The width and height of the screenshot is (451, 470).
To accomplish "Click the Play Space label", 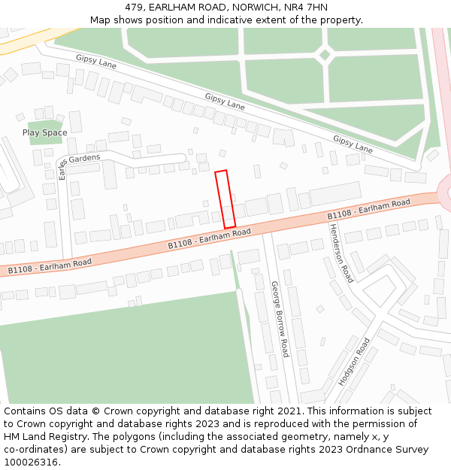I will coord(44,133).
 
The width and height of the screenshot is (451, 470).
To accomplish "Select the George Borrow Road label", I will coord(280,319).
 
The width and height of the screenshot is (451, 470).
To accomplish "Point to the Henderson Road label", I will coord(341,253).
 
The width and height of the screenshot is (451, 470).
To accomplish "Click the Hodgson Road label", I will coord(354,362).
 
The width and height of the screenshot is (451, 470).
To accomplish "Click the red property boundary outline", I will coord(225,199).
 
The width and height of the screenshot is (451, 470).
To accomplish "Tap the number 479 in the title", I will coord(135,7).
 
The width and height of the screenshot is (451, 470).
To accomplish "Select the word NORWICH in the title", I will coord(253,7).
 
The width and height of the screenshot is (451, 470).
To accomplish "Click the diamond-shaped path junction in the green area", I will coord(325,54).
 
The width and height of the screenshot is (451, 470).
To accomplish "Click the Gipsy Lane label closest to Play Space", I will coord(96,62).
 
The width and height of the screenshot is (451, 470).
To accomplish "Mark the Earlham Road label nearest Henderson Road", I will coord(368,210).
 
